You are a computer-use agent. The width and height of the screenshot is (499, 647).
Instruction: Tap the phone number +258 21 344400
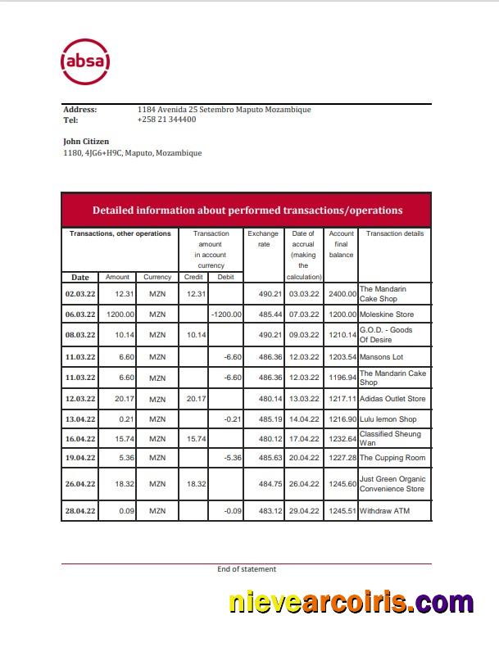point(166,120)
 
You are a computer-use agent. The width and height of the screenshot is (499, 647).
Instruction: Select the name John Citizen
point(86,142)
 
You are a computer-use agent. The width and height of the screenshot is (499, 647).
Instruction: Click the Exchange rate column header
point(263,238)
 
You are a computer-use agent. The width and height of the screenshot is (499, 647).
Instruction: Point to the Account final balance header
point(341,244)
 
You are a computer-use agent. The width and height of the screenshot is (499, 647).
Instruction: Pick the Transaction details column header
point(394,234)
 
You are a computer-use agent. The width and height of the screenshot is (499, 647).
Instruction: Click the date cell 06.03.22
point(80,314)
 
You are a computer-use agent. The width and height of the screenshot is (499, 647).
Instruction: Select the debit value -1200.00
point(226,314)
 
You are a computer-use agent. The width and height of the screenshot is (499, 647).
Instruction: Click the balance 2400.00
point(342,293)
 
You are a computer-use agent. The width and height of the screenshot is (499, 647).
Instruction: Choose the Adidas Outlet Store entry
point(392,399)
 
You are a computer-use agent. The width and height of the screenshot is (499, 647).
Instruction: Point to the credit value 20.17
point(194,399)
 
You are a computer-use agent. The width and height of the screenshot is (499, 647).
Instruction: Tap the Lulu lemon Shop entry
point(388,419)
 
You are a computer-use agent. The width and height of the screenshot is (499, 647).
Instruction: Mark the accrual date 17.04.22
point(303,438)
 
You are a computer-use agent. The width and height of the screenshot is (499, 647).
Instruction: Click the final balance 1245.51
point(342,511)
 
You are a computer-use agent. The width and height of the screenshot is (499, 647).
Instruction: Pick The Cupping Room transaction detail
point(392,458)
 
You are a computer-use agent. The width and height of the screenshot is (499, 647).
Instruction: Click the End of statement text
point(247,569)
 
